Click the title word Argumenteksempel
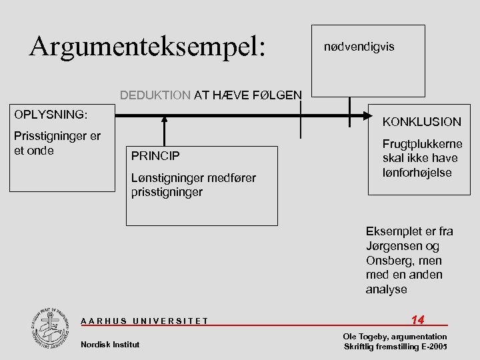click(147, 46)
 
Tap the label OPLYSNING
click(51, 115)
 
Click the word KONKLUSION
click(421, 122)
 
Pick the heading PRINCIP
click(155, 156)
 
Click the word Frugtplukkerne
click(421, 144)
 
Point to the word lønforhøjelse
click(417, 172)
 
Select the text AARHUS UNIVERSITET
click(144, 321)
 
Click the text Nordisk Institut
click(110, 344)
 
